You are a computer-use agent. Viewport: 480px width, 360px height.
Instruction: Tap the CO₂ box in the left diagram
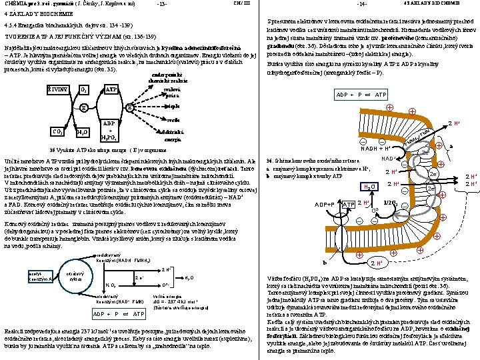[58, 131]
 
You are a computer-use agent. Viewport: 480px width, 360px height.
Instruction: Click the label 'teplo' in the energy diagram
[171, 106]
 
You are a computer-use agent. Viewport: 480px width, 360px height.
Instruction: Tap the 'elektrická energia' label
[173, 135]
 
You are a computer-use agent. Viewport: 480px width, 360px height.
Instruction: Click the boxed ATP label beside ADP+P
[348, 203]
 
